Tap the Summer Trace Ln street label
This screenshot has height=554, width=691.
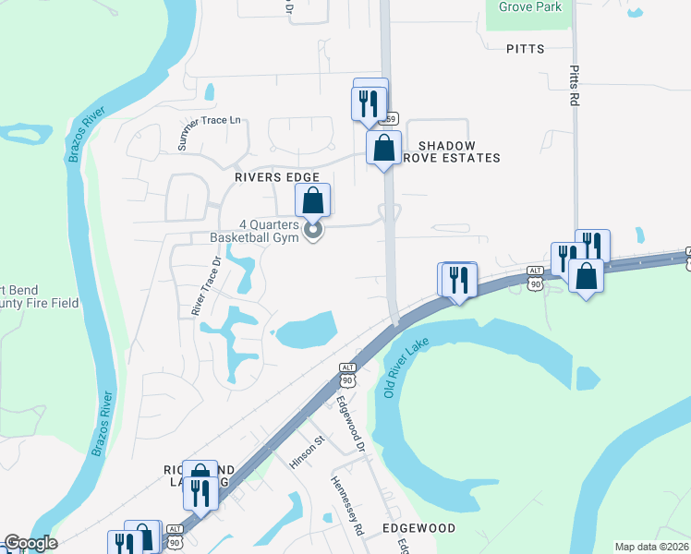pyautogui.click(x=209, y=133)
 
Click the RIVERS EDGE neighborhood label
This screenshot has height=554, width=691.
pyautogui.click(x=277, y=177)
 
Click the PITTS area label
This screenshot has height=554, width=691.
pyautogui.click(x=525, y=48)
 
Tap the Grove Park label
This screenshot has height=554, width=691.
pyautogui.click(x=530, y=6)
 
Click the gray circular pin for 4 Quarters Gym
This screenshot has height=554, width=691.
pyautogui.click(x=313, y=230)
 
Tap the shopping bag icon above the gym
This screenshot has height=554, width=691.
pyautogui.click(x=313, y=199)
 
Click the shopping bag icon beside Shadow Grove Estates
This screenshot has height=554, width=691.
pyautogui.click(x=383, y=148)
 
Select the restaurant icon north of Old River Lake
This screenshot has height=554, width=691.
pyautogui.click(x=458, y=279)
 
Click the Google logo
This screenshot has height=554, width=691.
pyautogui.click(x=30, y=543)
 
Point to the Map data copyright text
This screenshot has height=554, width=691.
pyautogui.click(x=651, y=547)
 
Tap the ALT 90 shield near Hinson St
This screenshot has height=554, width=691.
pyautogui.click(x=347, y=373)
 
